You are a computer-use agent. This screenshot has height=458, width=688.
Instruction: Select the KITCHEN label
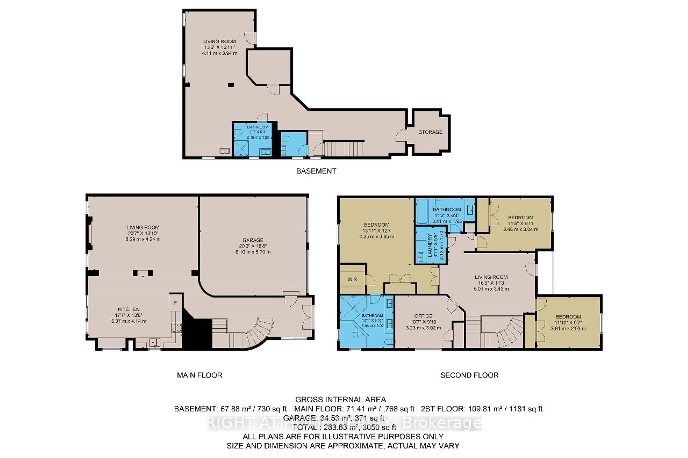129,309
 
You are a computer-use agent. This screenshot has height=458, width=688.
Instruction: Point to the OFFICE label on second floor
423,316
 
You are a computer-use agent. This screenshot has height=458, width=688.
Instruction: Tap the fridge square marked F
175,303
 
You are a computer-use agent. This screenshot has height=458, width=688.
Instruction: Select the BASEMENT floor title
316,171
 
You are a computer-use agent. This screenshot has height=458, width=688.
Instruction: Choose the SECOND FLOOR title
469,375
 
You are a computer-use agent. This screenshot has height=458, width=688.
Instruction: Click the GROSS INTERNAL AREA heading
340,400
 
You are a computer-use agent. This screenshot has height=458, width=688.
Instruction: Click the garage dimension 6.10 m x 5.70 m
253,252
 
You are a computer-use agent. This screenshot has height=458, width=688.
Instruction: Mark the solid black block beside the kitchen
197,333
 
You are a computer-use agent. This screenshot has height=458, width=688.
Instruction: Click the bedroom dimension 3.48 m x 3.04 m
520,229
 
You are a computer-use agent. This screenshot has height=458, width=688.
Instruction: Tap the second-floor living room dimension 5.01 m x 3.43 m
491,289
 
